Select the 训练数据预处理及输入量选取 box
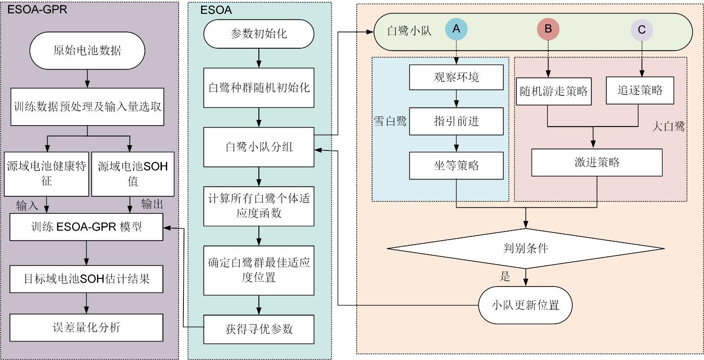click(x=87, y=106)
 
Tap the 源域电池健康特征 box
click(x=46, y=173)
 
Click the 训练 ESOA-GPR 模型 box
click(x=87, y=227)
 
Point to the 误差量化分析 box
click(x=87, y=327)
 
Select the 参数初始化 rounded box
click(x=259, y=34)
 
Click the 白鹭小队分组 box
click(x=259, y=147)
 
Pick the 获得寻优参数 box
click(x=259, y=329)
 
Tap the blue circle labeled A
click(x=456, y=29)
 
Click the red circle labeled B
click(x=548, y=29)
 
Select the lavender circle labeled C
click(x=641, y=30)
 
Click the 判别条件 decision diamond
click(x=525, y=248)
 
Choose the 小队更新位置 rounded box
click(x=525, y=305)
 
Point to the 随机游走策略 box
click(x=554, y=91)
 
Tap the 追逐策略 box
click(x=640, y=90)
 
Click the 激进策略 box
click(x=597, y=162)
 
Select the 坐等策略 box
click(x=457, y=166)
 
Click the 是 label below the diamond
click(x=504, y=276)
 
